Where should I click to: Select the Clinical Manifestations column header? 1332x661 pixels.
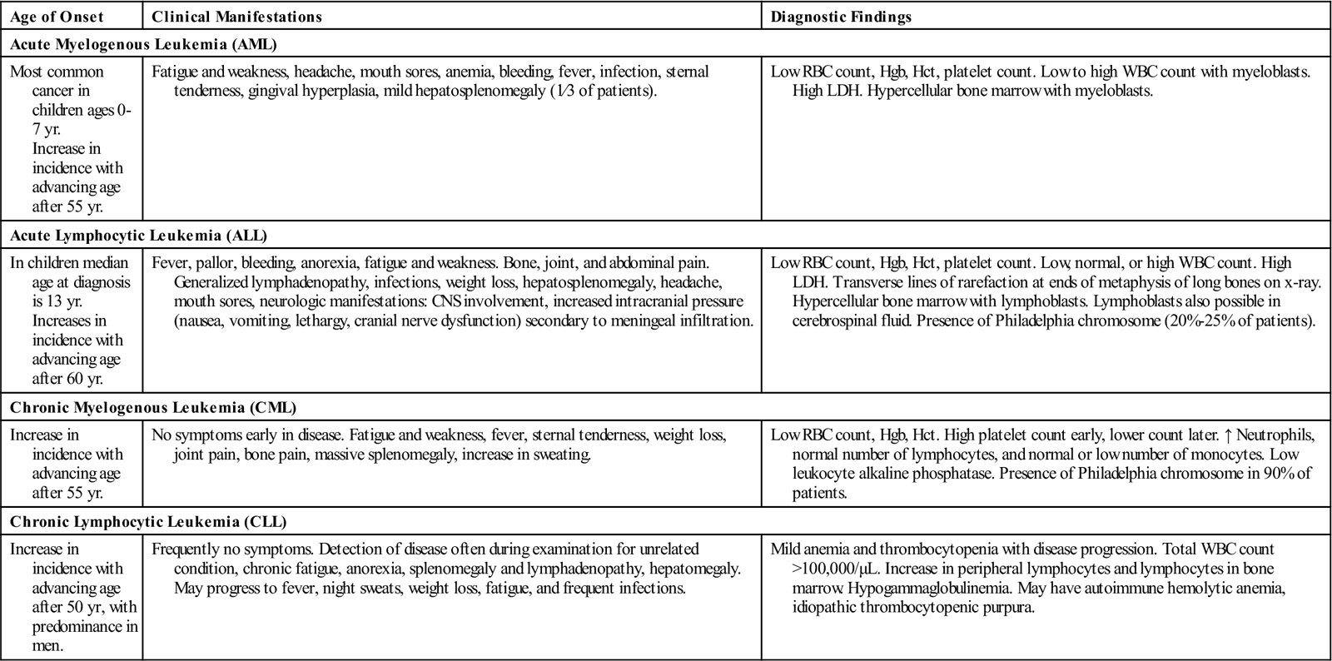click(x=236, y=17)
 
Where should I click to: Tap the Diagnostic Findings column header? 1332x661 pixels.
click(x=841, y=17)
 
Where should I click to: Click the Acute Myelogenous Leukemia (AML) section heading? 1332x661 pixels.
click(x=143, y=44)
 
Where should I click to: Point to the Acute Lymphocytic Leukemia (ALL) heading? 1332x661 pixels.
click(x=138, y=236)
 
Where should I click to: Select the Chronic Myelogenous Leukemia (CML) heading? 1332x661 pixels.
click(x=153, y=408)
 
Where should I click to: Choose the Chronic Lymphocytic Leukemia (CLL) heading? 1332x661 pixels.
click(x=148, y=522)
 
